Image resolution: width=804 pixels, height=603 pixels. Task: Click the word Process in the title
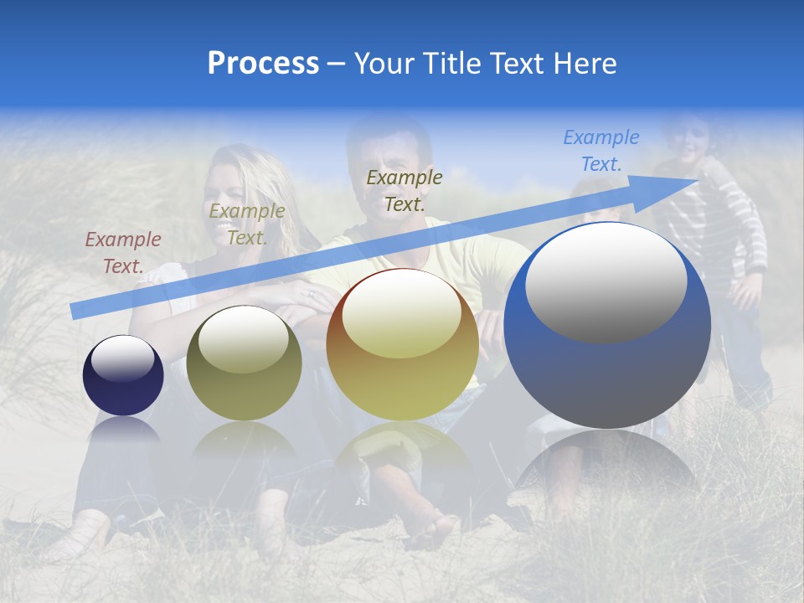(263, 64)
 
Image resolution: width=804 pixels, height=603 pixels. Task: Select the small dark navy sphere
(123, 375)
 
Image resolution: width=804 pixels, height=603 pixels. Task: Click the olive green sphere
(244, 363)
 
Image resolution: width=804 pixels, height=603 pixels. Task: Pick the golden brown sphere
(403, 344)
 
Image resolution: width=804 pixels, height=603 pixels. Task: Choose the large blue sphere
(607, 325)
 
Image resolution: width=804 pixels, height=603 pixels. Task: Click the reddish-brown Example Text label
(123, 253)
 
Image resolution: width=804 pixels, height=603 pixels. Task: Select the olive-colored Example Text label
(246, 224)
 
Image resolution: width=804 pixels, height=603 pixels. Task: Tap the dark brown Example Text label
(405, 190)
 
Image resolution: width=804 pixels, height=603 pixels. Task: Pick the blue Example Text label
(601, 151)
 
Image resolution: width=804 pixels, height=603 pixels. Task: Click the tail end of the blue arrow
(75, 312)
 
